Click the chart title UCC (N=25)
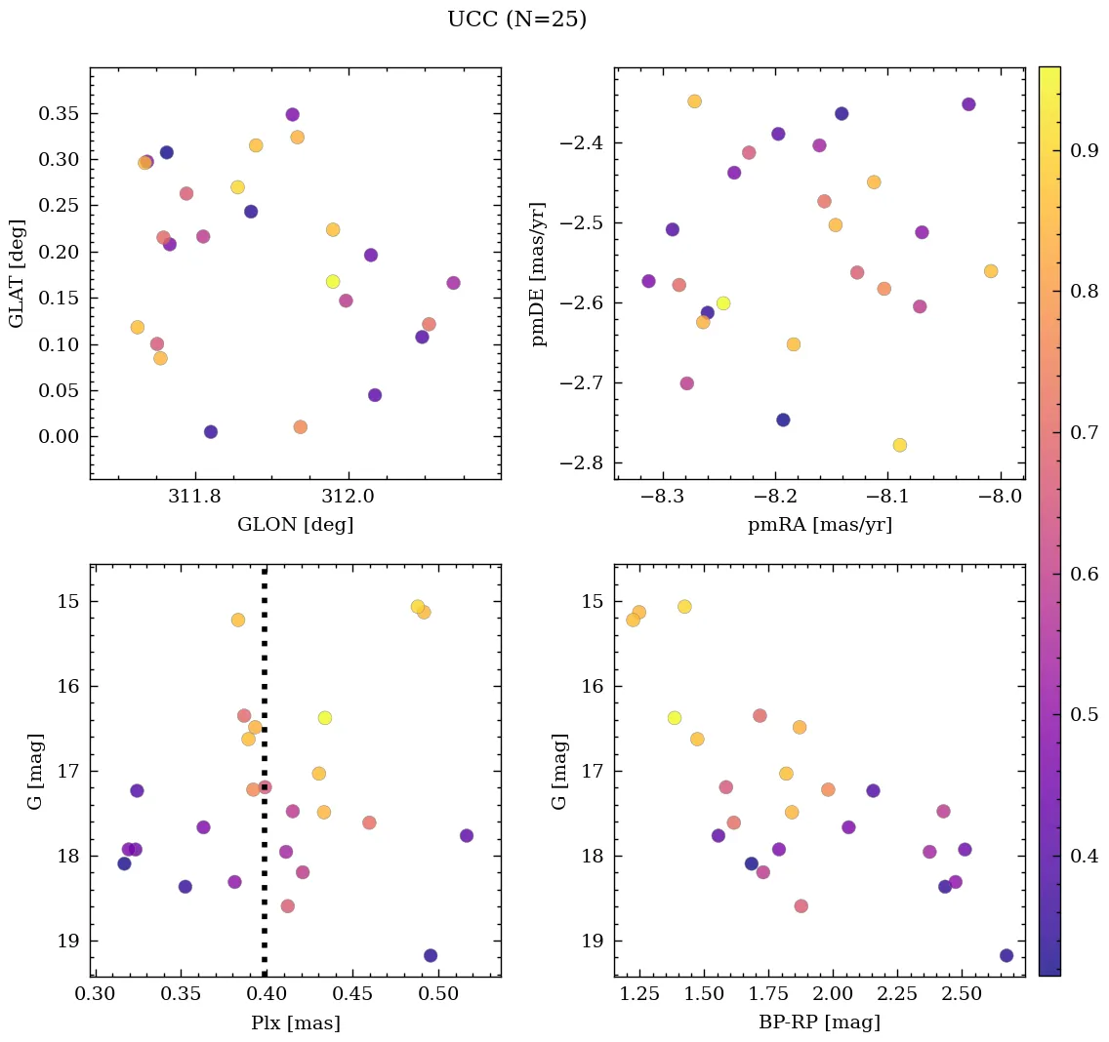tap(516, 20)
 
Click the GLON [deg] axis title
tap(295, 525)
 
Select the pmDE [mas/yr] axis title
tap(538, 274)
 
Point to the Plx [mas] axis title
tap(295, 1023)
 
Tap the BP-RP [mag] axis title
tap(819, 1023)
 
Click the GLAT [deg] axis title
tap(16, 274)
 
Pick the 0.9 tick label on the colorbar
tap(1086, 149)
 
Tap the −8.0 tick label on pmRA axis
tap(1001, 497)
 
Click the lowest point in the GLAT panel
tap(300, 427)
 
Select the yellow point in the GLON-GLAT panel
tap(333, 282)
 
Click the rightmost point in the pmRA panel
tap(991, 271)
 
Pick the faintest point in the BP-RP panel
tap(1006, 955)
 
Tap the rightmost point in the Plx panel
tap(467, 835)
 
